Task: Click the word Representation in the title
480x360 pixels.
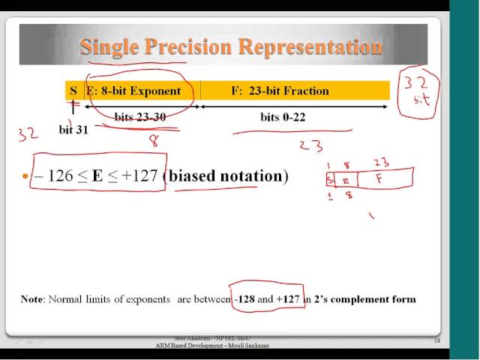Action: (310, 47)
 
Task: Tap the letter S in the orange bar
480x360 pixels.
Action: (73, 91)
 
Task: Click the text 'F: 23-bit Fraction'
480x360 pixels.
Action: (280, 91)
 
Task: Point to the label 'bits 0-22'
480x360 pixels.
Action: (283, 118)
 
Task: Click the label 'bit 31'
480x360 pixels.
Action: (73, 130)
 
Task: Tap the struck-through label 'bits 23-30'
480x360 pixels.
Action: (146, 118)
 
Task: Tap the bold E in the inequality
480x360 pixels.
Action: (97, 177)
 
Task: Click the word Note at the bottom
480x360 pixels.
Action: (32, 299)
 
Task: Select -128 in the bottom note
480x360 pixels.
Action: (244, 299)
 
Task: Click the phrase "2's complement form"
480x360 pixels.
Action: (369, 299)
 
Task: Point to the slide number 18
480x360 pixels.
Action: (437, 341)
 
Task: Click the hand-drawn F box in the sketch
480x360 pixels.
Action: (384, 180)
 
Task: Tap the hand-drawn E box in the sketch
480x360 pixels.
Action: (345, 180)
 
